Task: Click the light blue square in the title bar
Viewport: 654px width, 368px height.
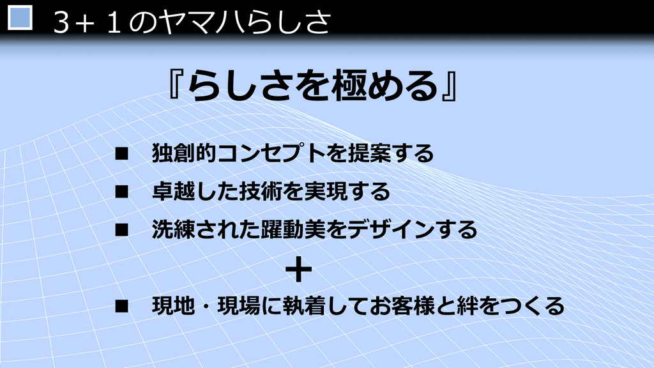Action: [20, 17]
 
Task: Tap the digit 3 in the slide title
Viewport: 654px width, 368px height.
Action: [61, 22]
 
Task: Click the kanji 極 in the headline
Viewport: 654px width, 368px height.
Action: [348, 86]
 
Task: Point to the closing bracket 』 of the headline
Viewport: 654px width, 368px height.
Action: [450, 87]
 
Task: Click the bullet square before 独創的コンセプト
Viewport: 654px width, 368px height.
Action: [122, 154]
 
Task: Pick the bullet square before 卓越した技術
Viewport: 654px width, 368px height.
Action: [122, 192]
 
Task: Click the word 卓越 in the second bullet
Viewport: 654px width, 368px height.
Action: [174, 192]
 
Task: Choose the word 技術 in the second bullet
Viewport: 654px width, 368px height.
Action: [261, 192]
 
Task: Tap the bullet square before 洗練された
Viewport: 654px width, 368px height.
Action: [122, 230]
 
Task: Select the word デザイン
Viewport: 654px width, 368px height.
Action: [391, 229]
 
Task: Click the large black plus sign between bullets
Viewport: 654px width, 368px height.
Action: [299, 270]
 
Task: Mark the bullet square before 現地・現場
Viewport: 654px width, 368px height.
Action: [122, 307]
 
